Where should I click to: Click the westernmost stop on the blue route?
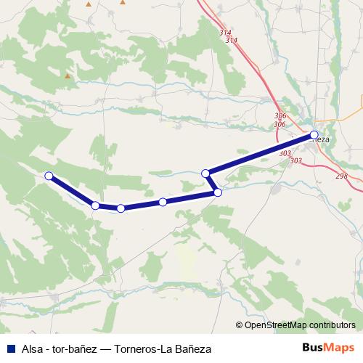(49, 176)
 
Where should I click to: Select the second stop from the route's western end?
(95, 205)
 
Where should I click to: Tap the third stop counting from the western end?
(121, 208)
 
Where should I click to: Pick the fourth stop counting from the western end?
(163, 202)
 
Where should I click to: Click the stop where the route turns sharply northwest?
(218, 192)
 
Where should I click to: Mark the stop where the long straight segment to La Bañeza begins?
(206, 173)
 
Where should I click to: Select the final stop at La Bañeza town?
(314, 134)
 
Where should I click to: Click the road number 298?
(342, 176)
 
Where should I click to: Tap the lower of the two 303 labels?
(295, 160)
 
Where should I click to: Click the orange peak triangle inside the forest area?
(68, 75)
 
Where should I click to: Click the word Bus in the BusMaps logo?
(313, 348)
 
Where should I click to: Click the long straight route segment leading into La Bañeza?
(261, 153)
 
